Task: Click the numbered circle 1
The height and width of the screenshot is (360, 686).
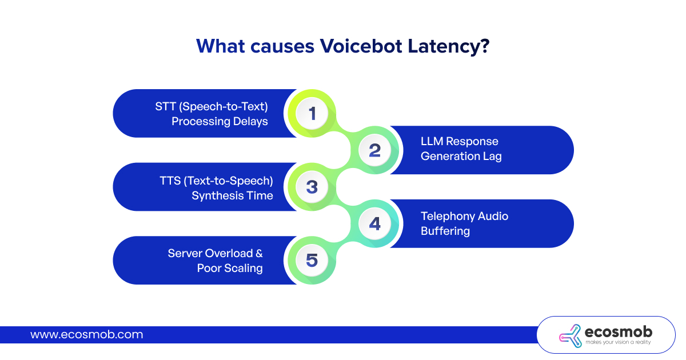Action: (x=312, y=113)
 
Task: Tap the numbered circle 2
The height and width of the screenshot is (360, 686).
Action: (x=374, y=150)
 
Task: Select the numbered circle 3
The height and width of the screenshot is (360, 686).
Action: (x=312, y=187)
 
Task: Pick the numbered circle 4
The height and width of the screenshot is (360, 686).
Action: (x=374, y=223)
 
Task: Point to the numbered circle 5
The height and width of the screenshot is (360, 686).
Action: (x=312, y=260)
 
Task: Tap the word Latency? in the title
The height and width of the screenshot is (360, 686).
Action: (x=449, y=47)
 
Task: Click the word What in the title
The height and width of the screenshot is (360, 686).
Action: (x=221, y=46)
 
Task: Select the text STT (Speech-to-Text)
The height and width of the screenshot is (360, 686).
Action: (x=212, y=106)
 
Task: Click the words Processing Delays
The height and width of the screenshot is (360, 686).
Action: (x=220, y=122)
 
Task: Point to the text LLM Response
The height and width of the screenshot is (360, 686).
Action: (x=460, y=142)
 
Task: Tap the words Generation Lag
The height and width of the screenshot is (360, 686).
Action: (x=461, y=157)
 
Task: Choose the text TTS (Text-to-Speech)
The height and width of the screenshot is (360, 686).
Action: (x=216, y=181)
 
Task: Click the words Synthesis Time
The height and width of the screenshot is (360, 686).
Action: (x=232, y=195)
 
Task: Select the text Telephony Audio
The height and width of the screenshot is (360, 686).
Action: (x=465, y=216)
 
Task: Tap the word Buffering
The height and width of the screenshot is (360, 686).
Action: (x=445, y=231)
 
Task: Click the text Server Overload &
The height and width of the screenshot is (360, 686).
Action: (x=215, y=254)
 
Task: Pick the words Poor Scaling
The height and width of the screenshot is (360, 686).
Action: (x=230, y=269)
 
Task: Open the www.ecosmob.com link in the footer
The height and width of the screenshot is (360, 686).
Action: (x=87, y=335)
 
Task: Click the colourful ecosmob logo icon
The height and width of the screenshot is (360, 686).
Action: (x=571, y=336)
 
